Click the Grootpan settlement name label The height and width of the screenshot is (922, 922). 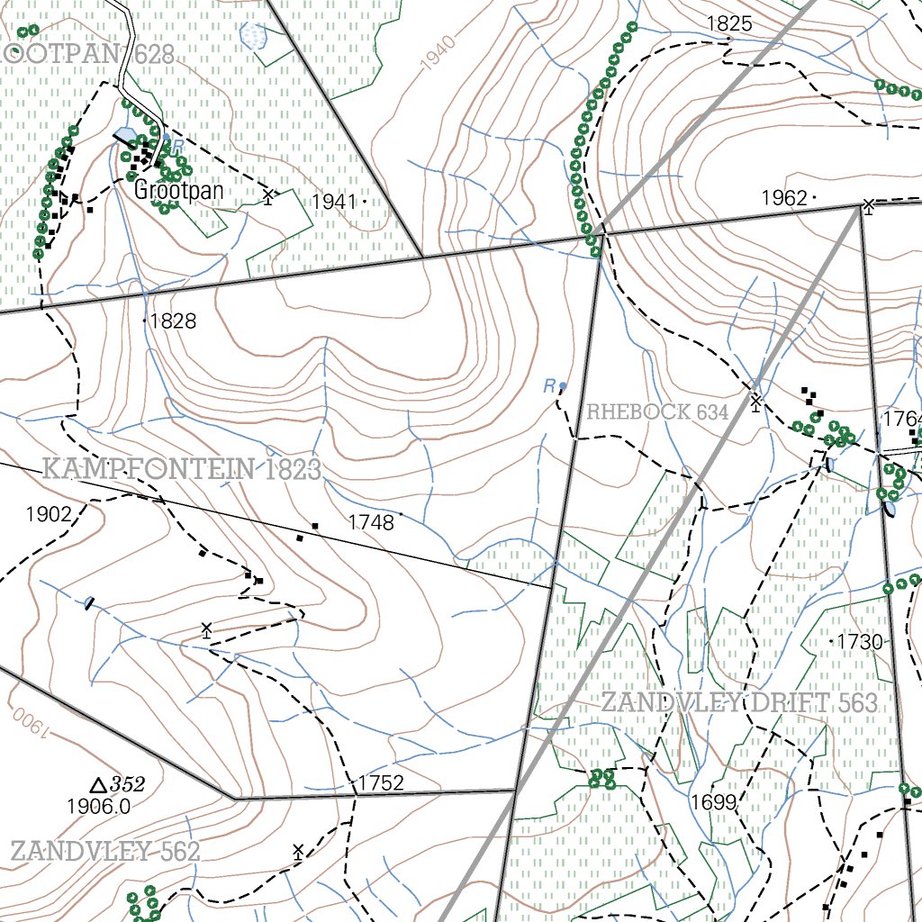(x=178, y=191)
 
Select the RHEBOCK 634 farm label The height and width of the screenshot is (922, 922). (x=657, y=412)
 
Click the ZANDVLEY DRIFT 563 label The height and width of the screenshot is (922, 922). (x=738, y=702)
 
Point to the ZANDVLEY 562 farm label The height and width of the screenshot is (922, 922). (x=104, y=851)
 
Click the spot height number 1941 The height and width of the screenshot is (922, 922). (x=334, y=202)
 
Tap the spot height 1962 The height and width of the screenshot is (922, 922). (x=784, y=198)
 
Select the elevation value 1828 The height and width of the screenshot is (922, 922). (x=172, y=321)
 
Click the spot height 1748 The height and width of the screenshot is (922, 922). (x=371, y=521)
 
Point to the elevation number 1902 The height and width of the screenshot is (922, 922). (x=49, y=514)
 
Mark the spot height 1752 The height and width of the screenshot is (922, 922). (x=380, y=782)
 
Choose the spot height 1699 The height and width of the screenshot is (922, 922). (x=714, y=801)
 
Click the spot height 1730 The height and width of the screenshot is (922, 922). (x=860, y=642)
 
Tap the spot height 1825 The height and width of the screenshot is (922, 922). (x=729, y=23)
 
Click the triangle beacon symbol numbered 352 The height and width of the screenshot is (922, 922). (x=98, y=785)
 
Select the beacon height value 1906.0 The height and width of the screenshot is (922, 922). (x=99, y=807)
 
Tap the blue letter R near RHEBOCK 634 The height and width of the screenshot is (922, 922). (x=548, y=386)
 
